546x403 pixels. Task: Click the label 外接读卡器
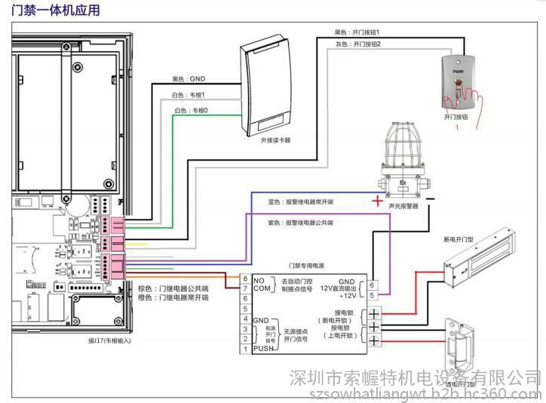275,140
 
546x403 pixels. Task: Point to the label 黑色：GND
189,78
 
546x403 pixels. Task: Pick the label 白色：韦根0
192,111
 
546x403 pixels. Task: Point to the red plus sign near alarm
376,201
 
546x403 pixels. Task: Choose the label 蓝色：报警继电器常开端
301,202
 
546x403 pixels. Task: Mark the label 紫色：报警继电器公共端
301,223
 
